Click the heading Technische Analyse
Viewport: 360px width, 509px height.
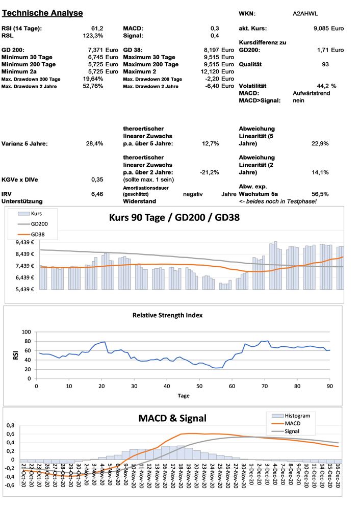(x=42, y=12)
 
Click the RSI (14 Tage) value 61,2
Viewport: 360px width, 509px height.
(x=97, y=28)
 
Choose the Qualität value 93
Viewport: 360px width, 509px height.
(x=325, y=65)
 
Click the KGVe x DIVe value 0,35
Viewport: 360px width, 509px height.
(x=97, y=180)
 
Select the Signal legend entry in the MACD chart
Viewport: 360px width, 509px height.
(x=299, y=431)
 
